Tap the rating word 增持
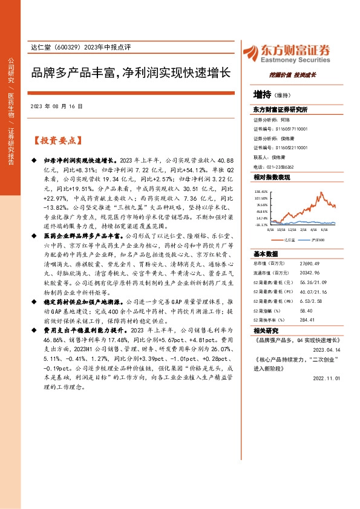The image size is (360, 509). click(262, 94)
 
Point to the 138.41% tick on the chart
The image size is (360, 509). click(261, 190)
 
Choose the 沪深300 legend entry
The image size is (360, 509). click(318, 239)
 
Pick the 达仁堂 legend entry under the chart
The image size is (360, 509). click(289, 239)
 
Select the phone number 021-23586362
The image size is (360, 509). click(282, 166)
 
